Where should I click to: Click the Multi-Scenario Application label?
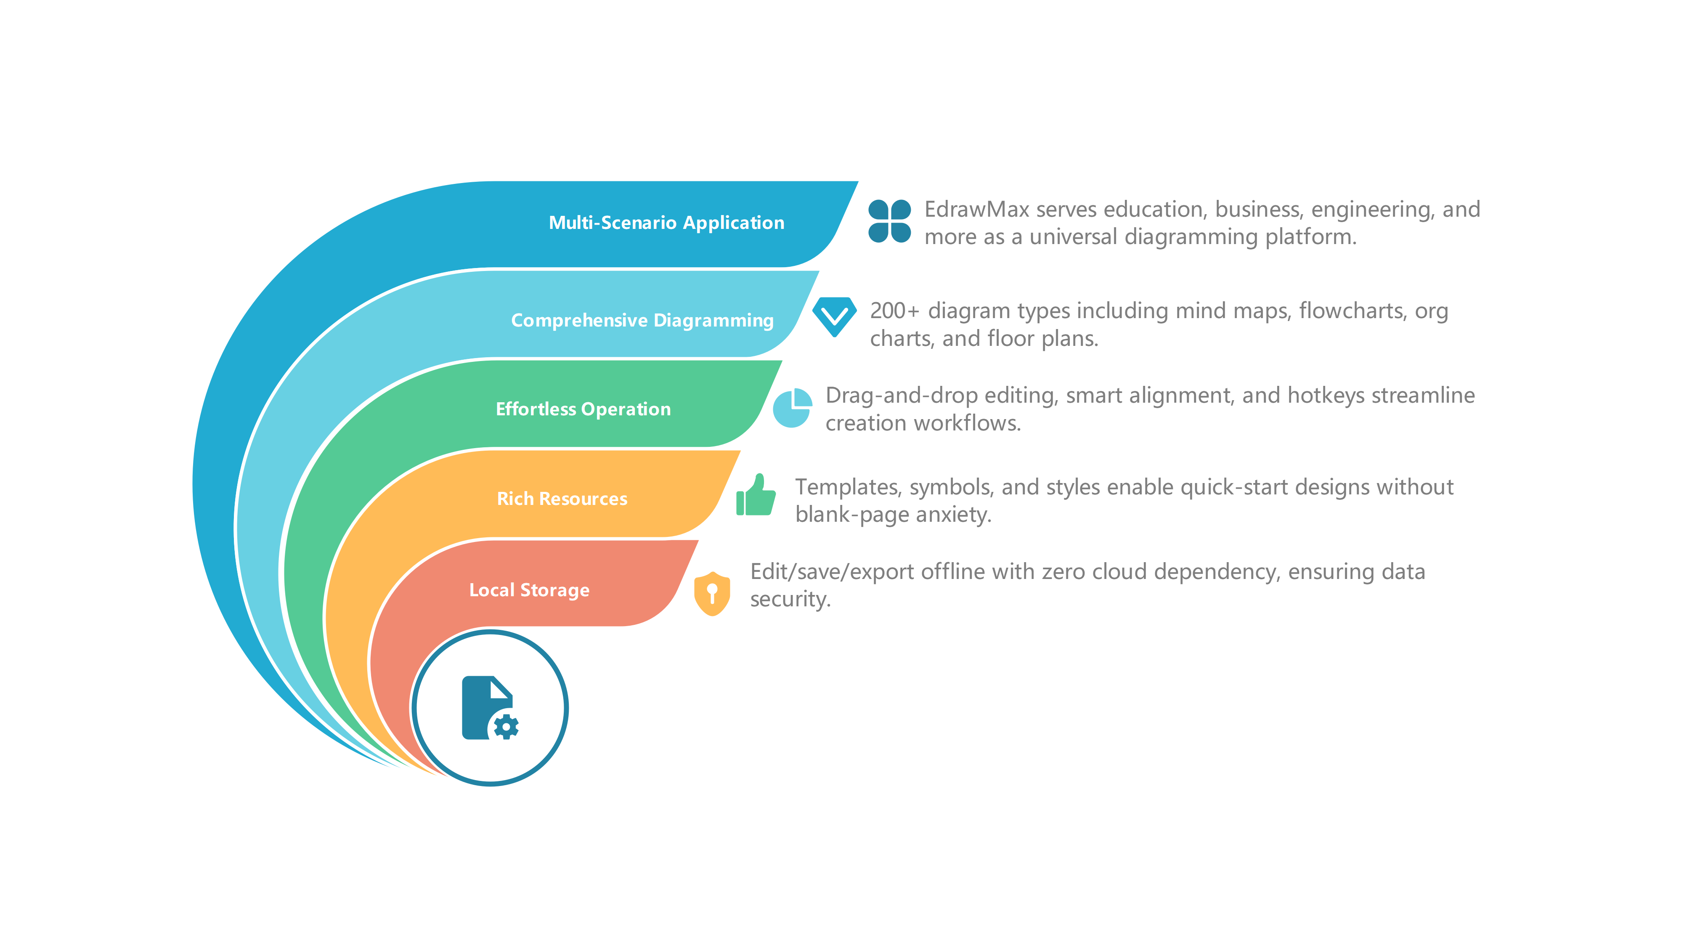pyautogui.click(x=666, y=223)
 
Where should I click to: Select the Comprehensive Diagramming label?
pyautogui.click(x=642, y=320)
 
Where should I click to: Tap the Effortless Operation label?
pyautogui.click(x=583, y=409)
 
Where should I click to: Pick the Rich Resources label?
pyautogui.click(x=562, y=499)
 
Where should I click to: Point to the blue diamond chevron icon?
pyautogui.click(x=834, y=316)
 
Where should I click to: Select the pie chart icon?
pyautogui.click(x=792, y=408)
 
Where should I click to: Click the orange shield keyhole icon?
pyautogui.click(x=712, y=594)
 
